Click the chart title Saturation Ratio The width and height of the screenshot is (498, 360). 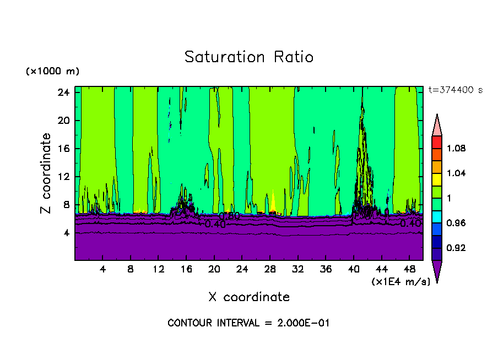[248, 57]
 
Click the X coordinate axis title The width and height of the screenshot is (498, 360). [249, 297]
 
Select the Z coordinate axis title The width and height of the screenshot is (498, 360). [46, 173]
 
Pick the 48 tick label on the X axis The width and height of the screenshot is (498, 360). [410, 269]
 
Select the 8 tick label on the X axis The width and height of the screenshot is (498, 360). [131, 269]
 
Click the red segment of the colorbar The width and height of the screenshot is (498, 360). [436, 141]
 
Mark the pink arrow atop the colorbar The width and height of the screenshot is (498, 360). [436, 124]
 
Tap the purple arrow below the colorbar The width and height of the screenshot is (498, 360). [436, 270]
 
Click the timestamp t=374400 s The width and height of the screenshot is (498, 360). [456, 90]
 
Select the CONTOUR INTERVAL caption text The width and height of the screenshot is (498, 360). [248, 323]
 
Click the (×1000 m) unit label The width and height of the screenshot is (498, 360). [52, 72]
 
